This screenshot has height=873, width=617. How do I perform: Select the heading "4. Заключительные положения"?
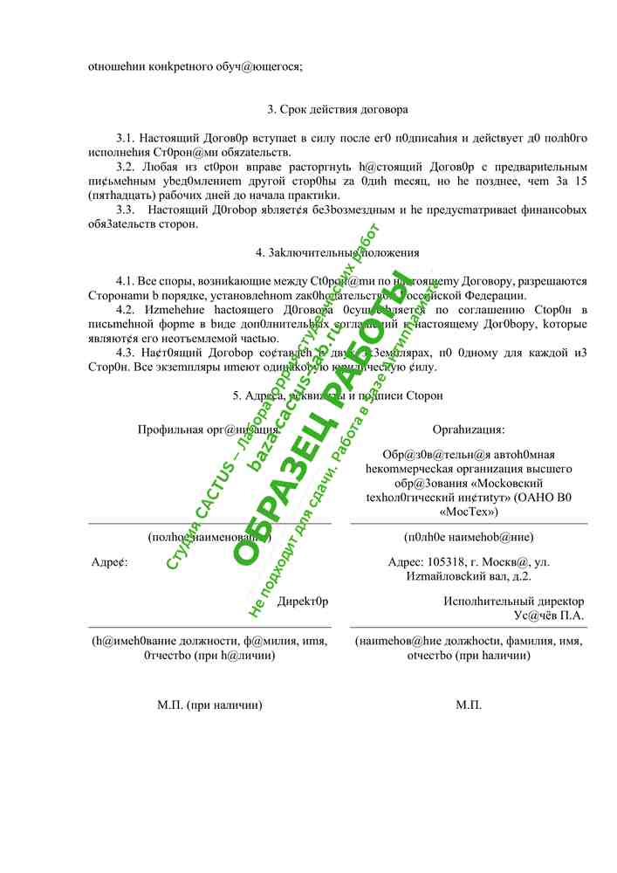tap(338, 253)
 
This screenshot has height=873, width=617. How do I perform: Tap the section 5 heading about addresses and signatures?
tap(338, 395)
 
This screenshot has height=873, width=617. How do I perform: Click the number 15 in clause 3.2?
tap(580, 181)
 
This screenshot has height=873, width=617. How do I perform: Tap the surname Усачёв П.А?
tap(549, 615)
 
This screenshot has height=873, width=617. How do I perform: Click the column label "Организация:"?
tap(469, 430)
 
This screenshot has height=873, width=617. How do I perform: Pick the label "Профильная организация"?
tap(209, 430)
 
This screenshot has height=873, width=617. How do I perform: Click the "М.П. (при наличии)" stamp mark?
tap(209, 705)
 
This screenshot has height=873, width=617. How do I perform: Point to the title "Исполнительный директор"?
tap(514, 601)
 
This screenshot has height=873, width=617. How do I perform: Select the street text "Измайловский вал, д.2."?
tap(469, 576)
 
